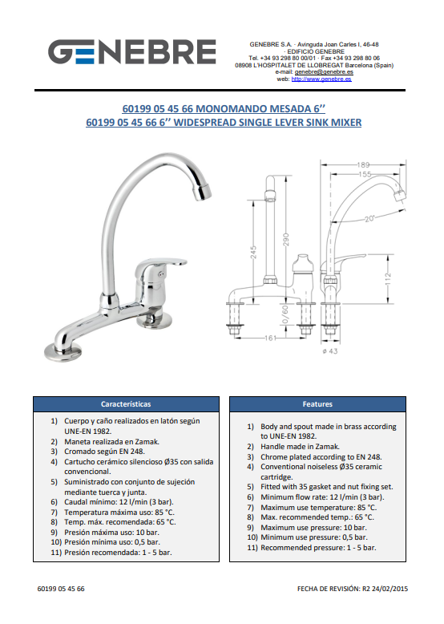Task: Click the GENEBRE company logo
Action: (132, 52)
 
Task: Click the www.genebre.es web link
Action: (321, 79)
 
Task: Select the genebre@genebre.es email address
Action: (324, 72)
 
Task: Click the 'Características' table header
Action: (126, 404)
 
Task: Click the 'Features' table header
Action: (317, 404)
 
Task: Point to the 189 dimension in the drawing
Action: (363, 164)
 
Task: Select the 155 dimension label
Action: (365, 174)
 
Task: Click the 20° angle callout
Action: (369, 218)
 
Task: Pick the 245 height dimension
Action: (253, 253)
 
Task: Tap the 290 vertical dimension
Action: (286, 240)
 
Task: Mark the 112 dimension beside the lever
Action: (388, 278)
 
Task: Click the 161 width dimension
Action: (270, 338)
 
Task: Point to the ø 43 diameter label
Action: (330, 351)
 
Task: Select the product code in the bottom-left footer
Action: (61, 589)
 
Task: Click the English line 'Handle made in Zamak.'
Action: (300, 447)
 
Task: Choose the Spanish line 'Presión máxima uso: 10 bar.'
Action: (111, 532)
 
